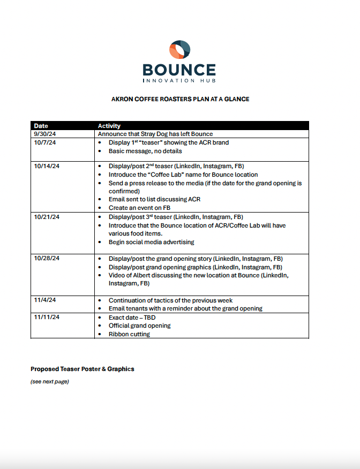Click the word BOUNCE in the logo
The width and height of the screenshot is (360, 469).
(x=179, y=70)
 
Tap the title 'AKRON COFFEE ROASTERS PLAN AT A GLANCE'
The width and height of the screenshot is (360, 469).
(x=180, y=99)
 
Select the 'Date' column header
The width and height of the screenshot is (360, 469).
(x=41, y=126)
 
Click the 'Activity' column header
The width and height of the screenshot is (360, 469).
(x=109, y=126)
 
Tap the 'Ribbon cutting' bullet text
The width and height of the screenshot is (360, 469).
(x=129, y=334)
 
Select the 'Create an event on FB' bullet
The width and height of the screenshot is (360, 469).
(x=139, y=208)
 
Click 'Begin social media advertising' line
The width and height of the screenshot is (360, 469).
(x=151, y=242)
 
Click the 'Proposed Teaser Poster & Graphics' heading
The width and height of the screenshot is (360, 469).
(x=82, y=369)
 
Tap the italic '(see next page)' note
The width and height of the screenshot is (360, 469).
(x=50, y=382)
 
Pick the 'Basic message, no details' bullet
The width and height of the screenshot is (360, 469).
(x=145, y=151)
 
